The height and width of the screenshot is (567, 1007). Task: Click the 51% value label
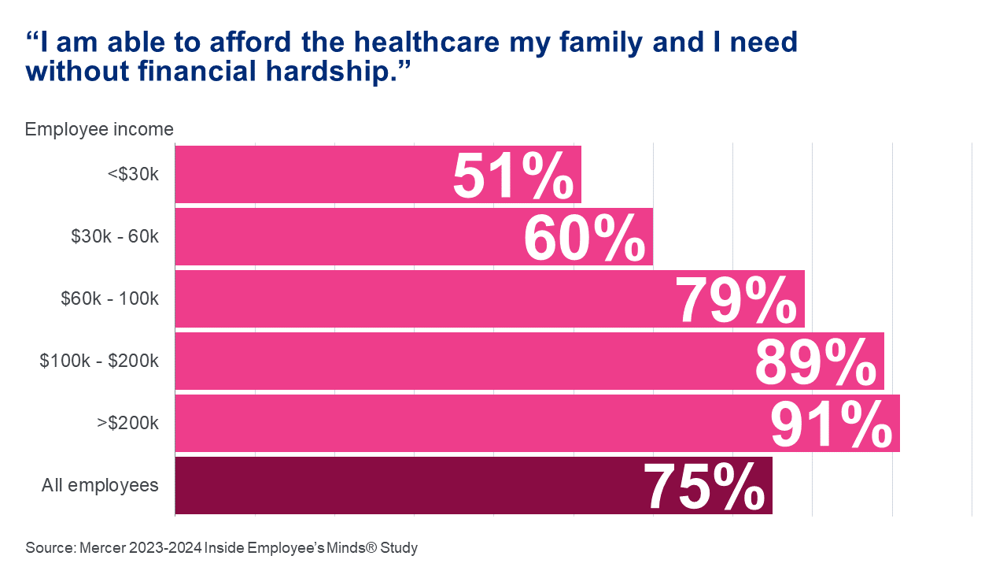click(513, 176)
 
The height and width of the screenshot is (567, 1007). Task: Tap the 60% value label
click(584, 239)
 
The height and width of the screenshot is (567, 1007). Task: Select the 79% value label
click(736, 301)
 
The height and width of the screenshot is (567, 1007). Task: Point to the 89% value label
click(815, 363)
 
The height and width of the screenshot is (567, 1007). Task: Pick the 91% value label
click(831, 425)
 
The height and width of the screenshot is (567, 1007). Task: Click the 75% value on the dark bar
click(704, 487)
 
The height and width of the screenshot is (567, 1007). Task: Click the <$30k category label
click(133, 174)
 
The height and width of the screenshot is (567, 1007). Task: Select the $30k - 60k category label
click(115, 236)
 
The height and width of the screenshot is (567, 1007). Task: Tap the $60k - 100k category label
click(110, 298)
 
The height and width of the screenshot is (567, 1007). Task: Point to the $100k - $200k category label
click(100, 361)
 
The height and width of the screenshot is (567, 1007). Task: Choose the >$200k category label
click(128, 423)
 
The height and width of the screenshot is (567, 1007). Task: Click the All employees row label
click(100, 485)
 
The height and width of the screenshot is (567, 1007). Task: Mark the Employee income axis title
click(99, 129)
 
